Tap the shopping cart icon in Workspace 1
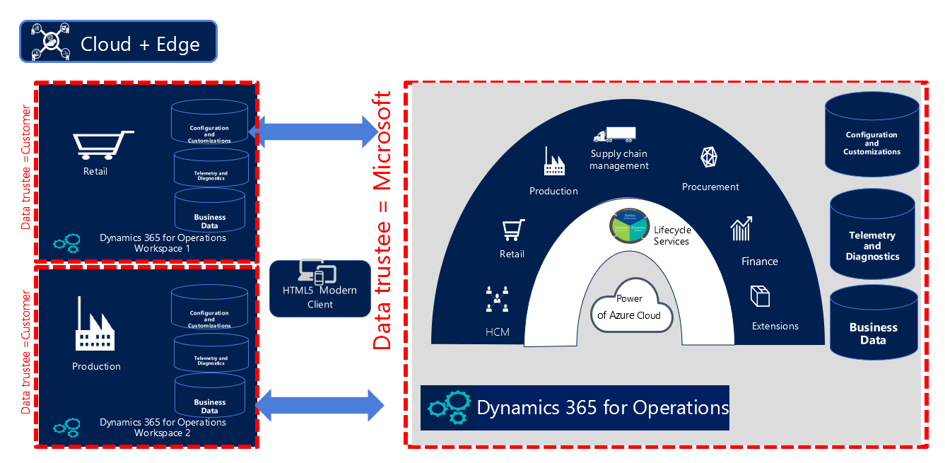pos(102,145)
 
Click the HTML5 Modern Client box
pos(320,288)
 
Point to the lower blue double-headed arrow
pos(319,406)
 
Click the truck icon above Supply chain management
pos(614,134)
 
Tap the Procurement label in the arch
pos(710,187)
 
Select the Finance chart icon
pos(741,229)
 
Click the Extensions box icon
pos(760,296)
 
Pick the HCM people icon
pos(497,299)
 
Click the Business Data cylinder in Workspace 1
pos(210,211)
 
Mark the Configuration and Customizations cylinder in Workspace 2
pos(209,309)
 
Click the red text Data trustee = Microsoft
pos(382,220)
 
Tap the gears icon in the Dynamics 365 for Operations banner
pos(448,408)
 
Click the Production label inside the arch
pos(553,191)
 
